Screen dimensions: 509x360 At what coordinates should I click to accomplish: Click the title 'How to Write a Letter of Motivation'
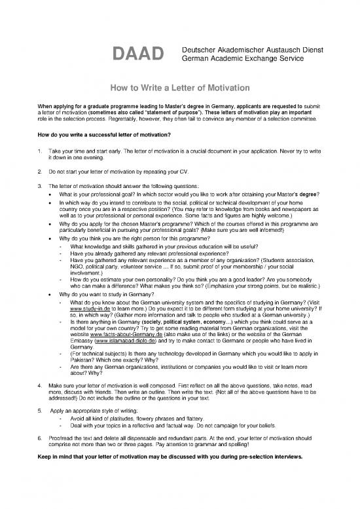coord(179,88)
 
